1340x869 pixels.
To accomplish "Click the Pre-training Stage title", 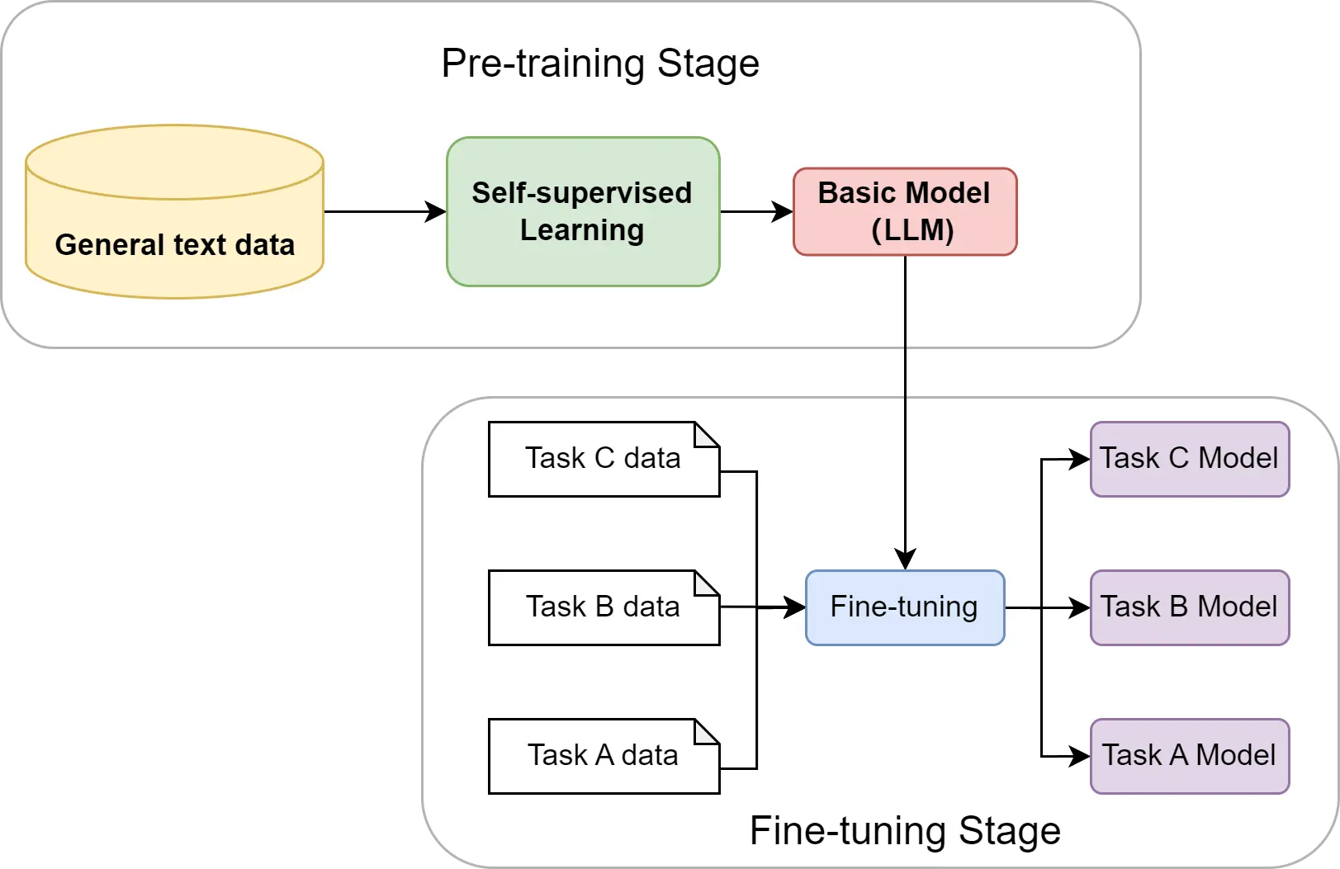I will [x=600, y=64].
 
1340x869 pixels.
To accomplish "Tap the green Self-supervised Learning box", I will [x=583, y=212].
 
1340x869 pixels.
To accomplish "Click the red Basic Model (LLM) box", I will [x=905, y=211].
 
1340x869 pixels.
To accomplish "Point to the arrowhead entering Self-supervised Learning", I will [x=436, y=212].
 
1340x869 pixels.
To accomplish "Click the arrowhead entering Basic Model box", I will [x=783, y=212].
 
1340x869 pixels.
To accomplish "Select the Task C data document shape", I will [x=604, y=459].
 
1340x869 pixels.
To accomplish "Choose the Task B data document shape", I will [x=604, y=607].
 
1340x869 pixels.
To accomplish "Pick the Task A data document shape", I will [x=604, y=756].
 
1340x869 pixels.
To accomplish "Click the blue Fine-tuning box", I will [x=905, y=607].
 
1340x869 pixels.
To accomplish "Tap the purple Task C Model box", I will [x=1190, y=459].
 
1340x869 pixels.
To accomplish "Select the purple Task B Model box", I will [x=1190, y=607].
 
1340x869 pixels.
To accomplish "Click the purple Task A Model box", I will [x=1190, y=756].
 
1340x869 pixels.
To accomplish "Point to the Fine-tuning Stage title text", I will [x=905, y=831].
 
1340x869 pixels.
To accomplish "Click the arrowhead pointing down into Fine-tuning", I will [x=906, y=559].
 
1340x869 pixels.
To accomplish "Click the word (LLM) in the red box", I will [x=912, y=230].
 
